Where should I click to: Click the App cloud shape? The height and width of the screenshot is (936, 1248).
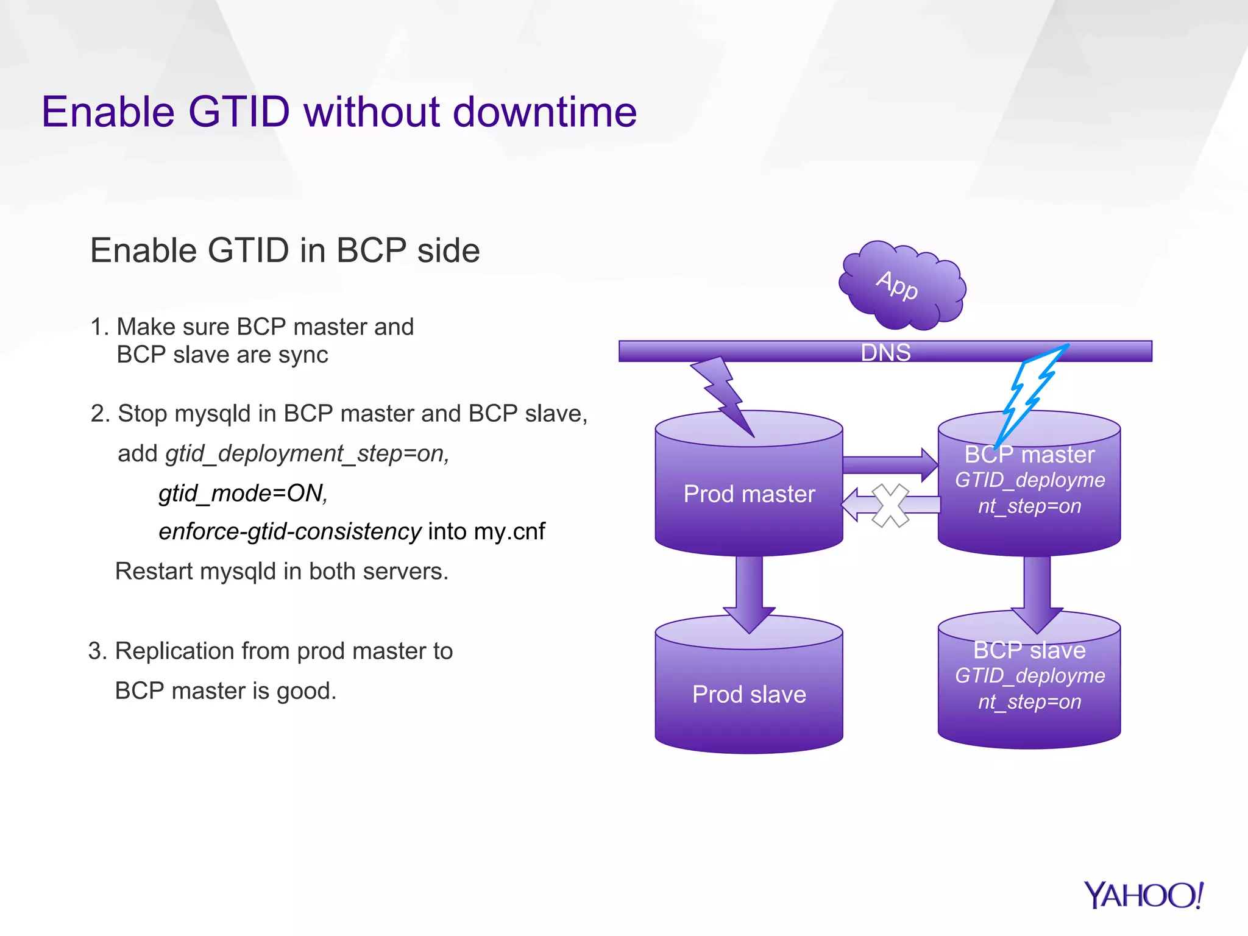(x=902, y=285)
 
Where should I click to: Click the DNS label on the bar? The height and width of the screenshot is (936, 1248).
(x=885, y=352)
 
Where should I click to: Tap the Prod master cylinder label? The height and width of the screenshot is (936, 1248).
(x=749, y=494)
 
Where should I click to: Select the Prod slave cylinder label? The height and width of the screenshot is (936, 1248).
(x=749, y=694)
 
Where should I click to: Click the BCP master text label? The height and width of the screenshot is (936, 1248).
(x=1029, y=455)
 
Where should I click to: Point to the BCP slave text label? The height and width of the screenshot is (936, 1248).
(x=1029, y=650)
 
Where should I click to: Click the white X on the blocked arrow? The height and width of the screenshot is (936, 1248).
(x=890, y=505)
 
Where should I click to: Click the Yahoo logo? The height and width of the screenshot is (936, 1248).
(x=1143, y=895)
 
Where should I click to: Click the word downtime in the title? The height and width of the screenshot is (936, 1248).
(x=545, y=112)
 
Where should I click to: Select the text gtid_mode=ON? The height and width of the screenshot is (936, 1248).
(x=243, y=493)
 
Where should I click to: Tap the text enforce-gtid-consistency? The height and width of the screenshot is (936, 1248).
(x=289, y=531)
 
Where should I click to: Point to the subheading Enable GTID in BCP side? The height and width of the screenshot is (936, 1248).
(x=285, y=250)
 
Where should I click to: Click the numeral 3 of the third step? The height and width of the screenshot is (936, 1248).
(x=96, y=651)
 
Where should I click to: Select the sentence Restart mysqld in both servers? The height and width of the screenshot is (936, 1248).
(x=282, y=572)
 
